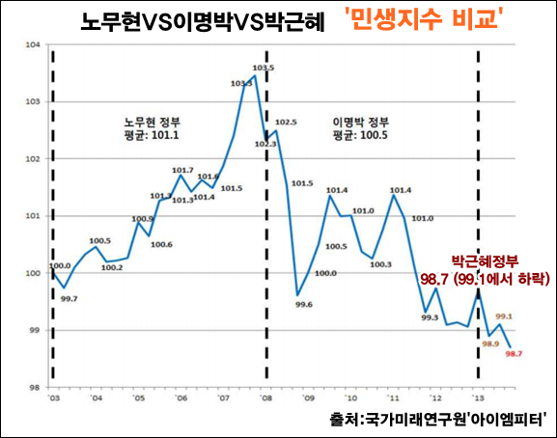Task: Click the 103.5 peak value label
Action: (x=264, y=68)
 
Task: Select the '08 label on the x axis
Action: (x=265, y=398)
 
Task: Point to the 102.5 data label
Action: (x=286, y=123)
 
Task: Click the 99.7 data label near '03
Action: (x=69, y=300)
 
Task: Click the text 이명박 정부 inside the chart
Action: (x=360, y=123)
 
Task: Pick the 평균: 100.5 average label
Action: (x=360, y=136)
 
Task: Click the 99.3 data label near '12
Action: (x=430, y=317)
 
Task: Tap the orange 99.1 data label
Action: (x=504, y=315)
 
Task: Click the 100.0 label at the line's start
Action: (x=60, y=265)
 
